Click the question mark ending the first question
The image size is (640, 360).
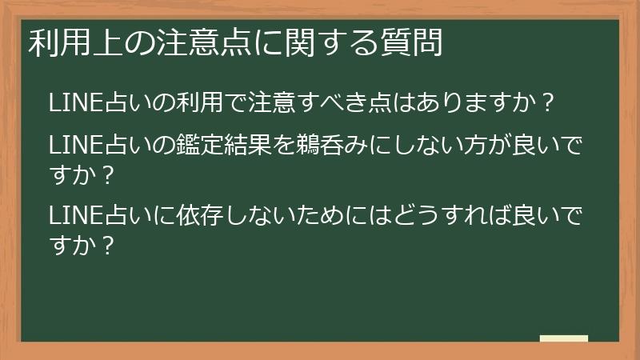point(549,104)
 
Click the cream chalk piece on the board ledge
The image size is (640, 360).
point(564,339)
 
